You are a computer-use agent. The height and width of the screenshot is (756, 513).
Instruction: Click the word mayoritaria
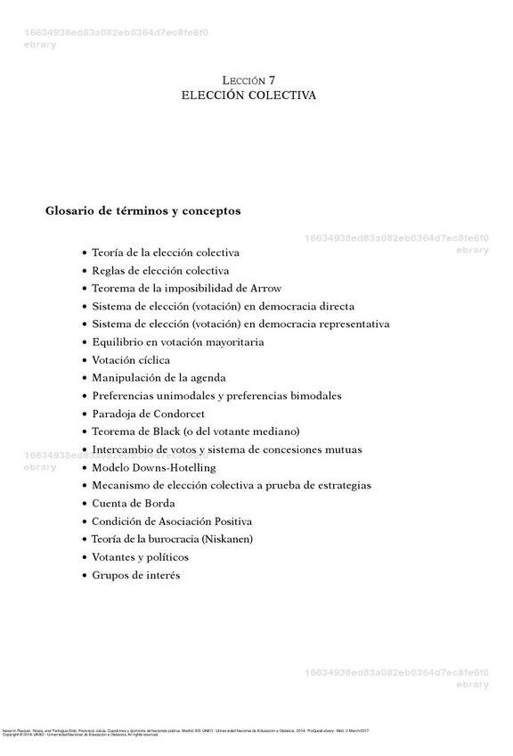coord(231,342)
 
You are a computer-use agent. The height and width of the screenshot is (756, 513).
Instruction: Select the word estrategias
coord(338,486)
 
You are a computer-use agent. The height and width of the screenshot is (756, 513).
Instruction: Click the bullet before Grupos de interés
coord(85,576)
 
